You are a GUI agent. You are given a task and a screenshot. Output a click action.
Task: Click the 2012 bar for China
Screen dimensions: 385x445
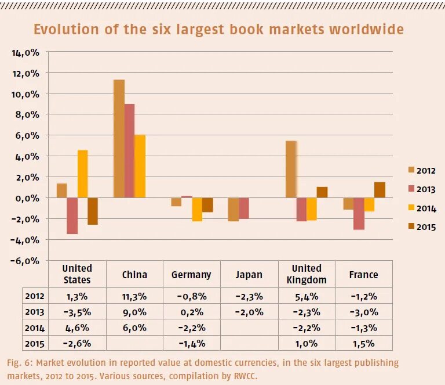(x=119, y=139)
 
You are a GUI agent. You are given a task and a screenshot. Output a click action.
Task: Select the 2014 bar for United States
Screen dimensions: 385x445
(x=83, y=174)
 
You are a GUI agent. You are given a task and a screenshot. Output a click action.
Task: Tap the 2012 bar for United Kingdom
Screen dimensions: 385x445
(x=291, y=170)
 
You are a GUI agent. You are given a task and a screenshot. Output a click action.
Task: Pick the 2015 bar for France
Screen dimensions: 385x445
(x=380, y=190)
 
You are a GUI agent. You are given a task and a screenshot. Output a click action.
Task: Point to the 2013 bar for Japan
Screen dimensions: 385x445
(x=244, y=208)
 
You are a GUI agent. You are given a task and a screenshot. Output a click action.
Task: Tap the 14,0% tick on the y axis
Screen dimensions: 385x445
(x=25, y=52)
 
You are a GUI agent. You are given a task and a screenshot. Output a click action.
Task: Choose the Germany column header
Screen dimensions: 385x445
(x=191, y=275)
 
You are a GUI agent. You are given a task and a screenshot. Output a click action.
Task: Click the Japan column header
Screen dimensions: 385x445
(x=249, y=275)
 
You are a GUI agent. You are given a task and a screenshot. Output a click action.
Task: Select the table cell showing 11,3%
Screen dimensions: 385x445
(x=134, y=296)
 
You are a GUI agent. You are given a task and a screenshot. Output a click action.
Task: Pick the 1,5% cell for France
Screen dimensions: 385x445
(x=364, y=343)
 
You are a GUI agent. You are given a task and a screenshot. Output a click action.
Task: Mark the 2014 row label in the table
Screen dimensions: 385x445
(x=35, y=328)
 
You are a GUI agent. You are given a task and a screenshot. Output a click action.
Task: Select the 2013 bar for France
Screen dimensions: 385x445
(x=359, y=213)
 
